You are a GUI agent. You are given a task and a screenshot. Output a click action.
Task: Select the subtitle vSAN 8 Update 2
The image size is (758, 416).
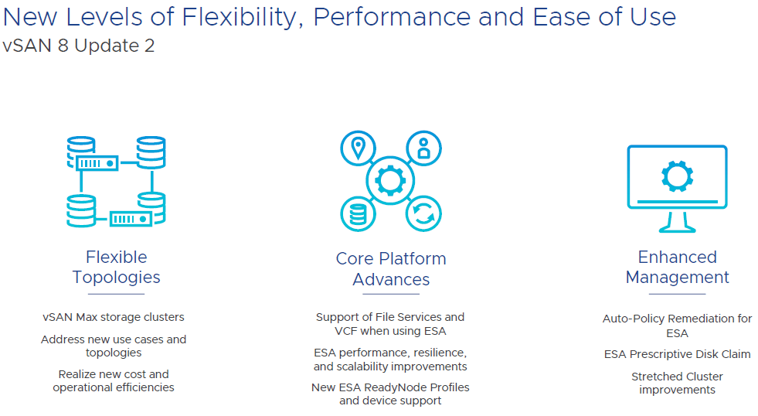pos(78,46)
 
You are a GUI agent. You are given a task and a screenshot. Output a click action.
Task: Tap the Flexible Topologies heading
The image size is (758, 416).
pos(117,267)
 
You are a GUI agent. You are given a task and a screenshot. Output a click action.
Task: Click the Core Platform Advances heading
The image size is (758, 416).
pos(391,268)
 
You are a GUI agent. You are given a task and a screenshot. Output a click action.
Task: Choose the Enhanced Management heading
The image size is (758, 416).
pos(677,267)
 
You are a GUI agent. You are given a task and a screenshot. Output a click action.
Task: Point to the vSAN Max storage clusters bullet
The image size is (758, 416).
pos(114,317)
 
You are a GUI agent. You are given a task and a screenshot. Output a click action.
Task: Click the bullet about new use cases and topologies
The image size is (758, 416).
pos(114,346)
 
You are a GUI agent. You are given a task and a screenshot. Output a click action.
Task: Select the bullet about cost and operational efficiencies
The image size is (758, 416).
pos(114,380)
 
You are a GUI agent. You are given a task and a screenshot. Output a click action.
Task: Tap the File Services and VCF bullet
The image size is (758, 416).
pos(390,324)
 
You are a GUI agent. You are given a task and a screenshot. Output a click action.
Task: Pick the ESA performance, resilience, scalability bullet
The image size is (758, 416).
pos(390,360)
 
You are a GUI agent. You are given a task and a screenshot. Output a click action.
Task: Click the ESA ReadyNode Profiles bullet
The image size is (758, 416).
pos(390,394)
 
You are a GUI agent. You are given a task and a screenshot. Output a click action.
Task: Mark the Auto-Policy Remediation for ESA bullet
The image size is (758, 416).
pos(677,326)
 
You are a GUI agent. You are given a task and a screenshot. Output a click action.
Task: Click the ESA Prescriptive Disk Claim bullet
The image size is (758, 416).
pos(677,354)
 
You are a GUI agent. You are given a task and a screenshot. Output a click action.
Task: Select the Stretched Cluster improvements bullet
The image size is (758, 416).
pos(677,383)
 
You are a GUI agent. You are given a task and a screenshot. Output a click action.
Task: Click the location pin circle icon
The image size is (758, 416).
pos(359,148)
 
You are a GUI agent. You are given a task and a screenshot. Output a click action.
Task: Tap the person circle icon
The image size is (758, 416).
pos(423,148)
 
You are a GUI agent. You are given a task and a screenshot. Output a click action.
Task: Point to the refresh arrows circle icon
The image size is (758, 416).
pos(423,213)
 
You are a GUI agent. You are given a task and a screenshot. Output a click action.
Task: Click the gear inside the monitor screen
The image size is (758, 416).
pos(677,177)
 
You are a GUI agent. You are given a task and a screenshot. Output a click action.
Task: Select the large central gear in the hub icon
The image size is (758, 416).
pos(391,180)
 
